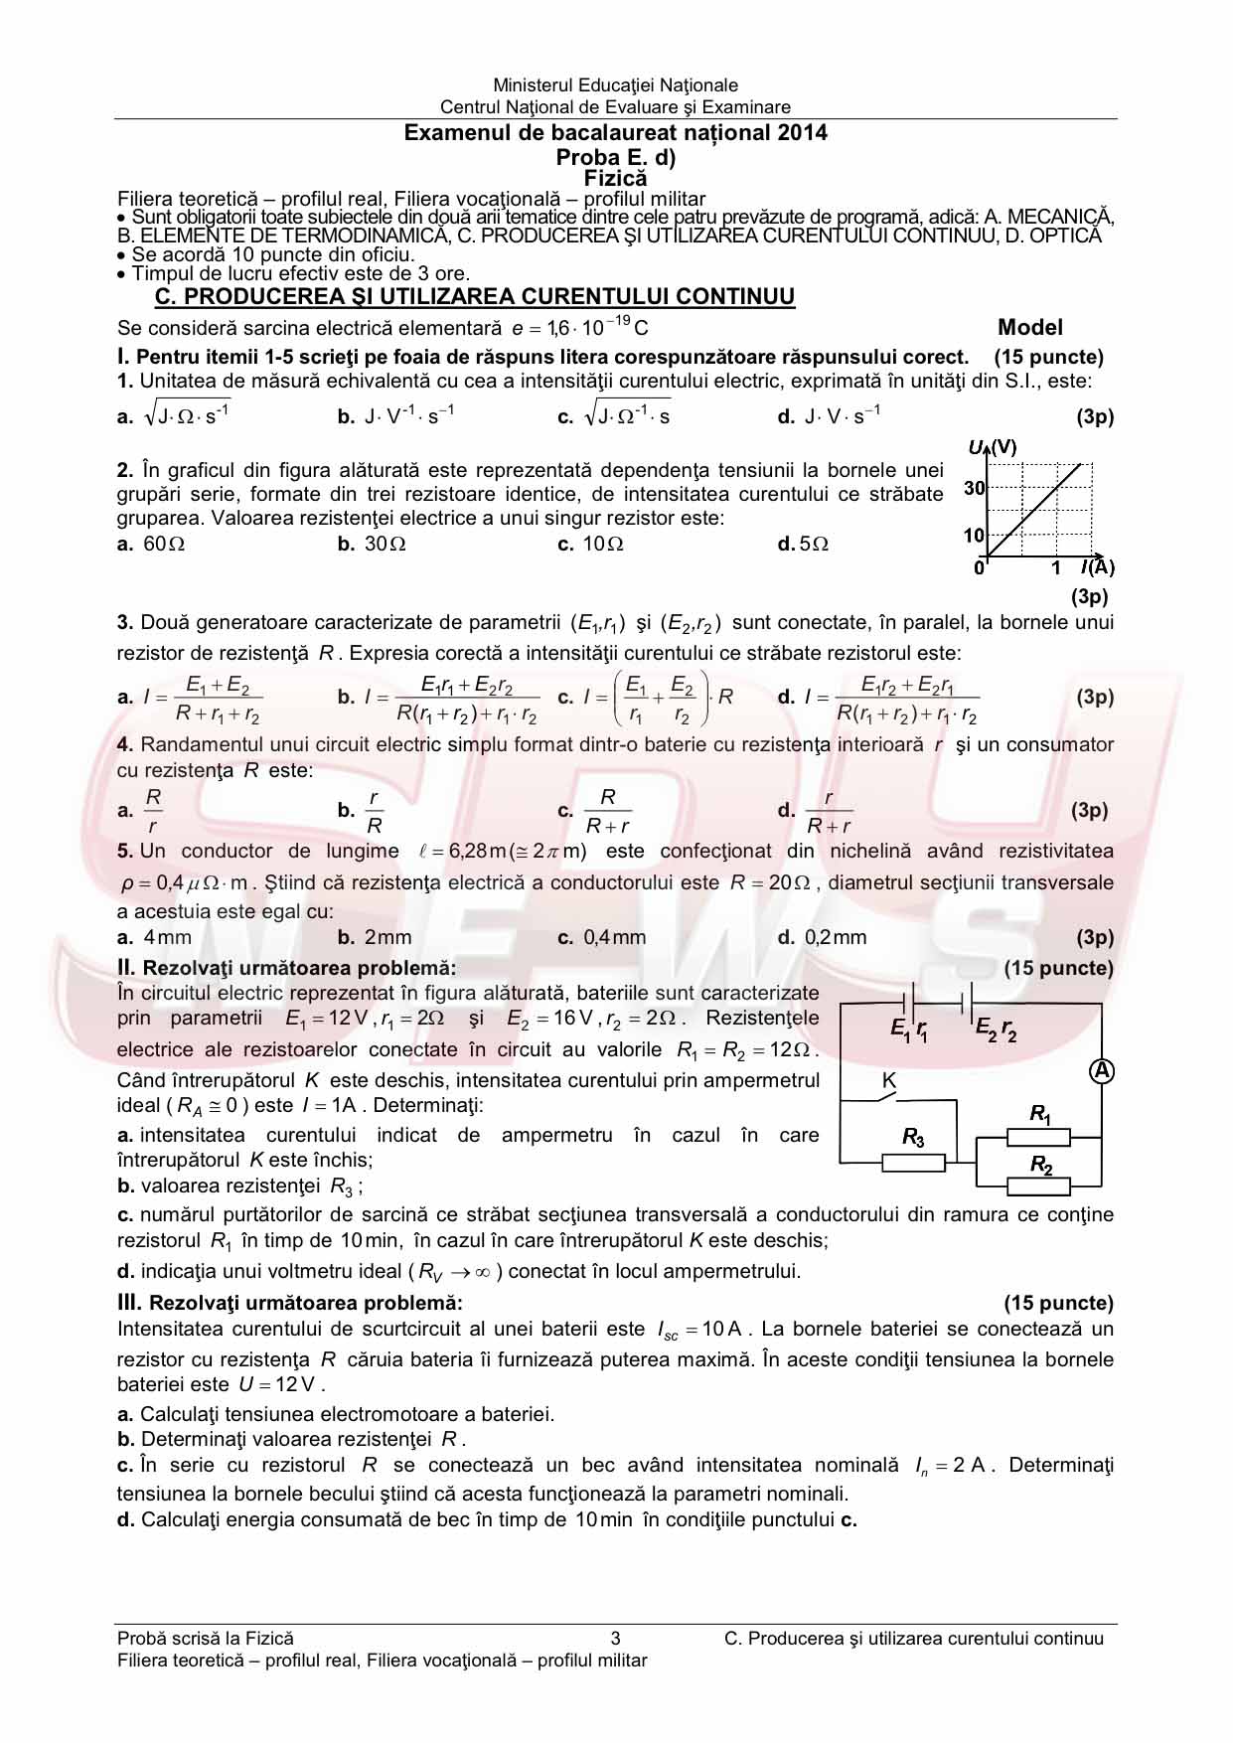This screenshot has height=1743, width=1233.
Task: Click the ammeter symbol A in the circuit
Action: coord(1101,1070)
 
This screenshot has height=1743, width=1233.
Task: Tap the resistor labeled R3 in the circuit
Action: coord(913,1162)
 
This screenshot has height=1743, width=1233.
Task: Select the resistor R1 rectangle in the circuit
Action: coord(1038,1137)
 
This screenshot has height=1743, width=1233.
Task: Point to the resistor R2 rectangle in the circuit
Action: coord(1038,1186)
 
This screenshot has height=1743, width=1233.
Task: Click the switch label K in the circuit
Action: coord(889,1080)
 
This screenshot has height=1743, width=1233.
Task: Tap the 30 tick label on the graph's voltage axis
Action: coord(974,488)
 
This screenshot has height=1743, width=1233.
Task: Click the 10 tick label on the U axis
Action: coord(974,536)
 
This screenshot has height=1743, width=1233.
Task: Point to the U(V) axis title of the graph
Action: coord(993,447)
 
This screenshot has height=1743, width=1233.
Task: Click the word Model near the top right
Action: coord(1030,328)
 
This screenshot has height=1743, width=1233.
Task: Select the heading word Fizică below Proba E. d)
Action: coord(615,179)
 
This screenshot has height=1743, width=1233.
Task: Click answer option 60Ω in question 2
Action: coord(164,544)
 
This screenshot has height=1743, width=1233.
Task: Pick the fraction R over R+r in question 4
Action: coord(608,811)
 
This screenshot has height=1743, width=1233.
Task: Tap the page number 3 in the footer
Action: coord(615,1639)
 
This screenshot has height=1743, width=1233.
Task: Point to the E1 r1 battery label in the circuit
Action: coord(909,1030)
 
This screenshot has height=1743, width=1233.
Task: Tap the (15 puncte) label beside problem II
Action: coord(1058,968)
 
